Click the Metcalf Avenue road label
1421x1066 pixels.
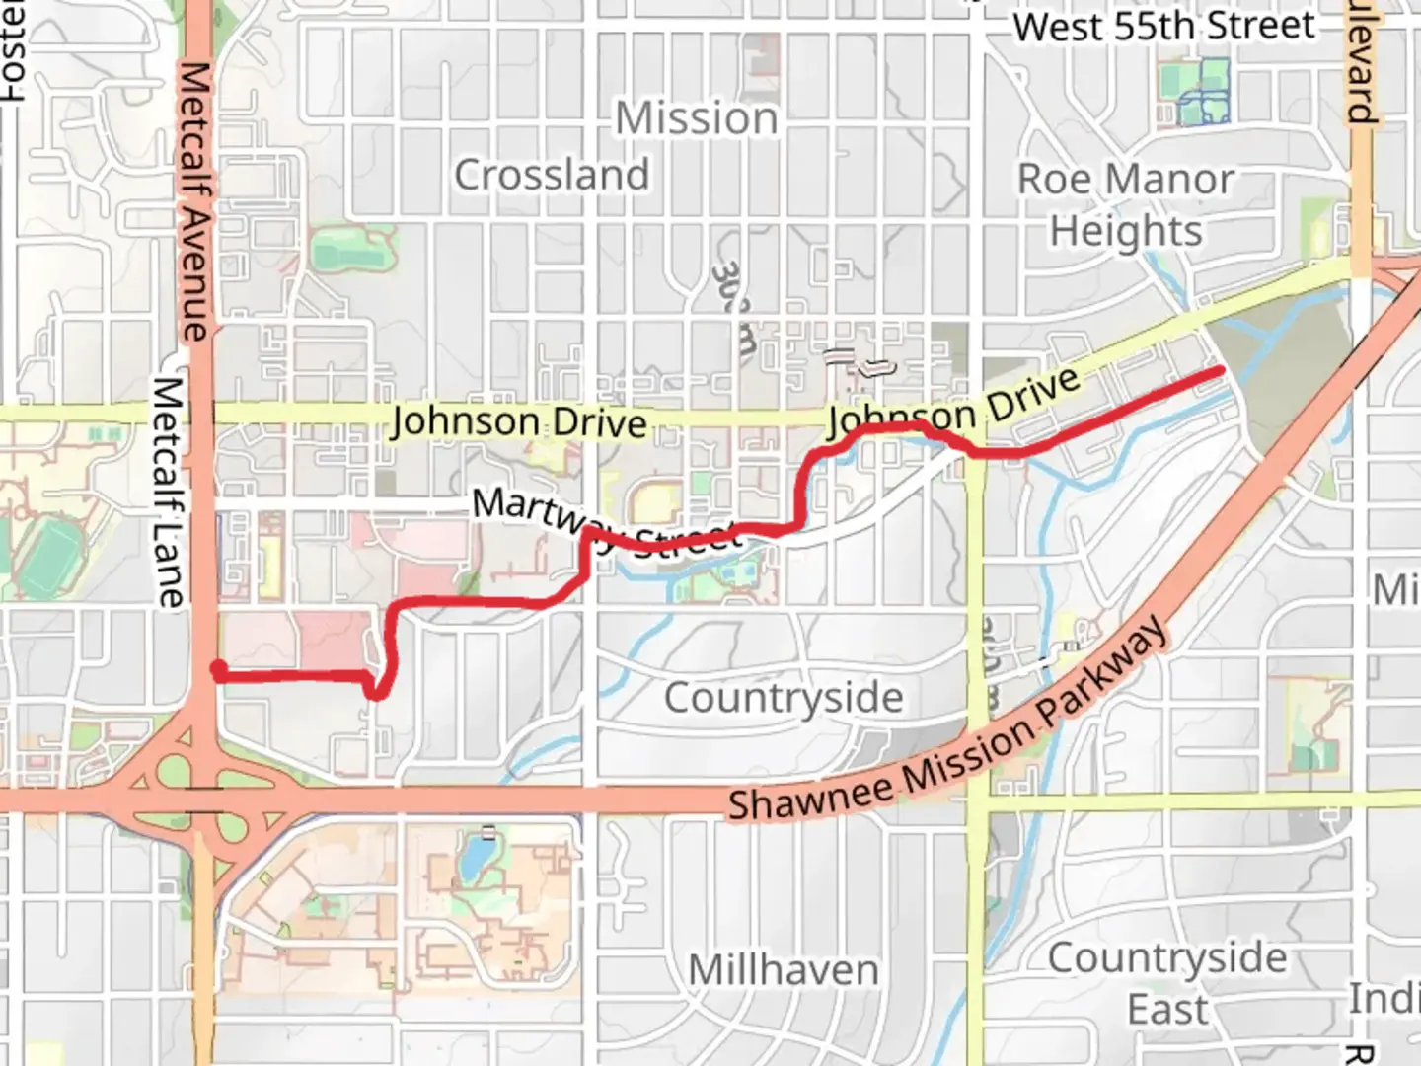coord(194,202)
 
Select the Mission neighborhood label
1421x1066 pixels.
coord(697,119)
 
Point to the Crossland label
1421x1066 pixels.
coord(552,176)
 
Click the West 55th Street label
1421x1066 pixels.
coord(1164,27)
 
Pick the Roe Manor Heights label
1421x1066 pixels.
coord(1126,205)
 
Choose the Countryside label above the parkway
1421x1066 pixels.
coord(784,698)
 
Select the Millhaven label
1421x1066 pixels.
coord(784,969)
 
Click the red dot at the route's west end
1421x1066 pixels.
coord(218,671)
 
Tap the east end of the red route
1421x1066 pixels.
coord(1221,371)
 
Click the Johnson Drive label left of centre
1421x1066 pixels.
coord(519,422)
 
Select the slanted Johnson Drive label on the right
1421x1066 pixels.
coord(953,404)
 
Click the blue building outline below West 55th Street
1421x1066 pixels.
coord(1203,96)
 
